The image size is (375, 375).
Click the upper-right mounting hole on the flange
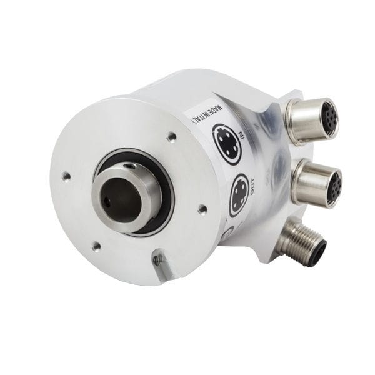pos(171,136)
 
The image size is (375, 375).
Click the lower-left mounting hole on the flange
pos(96,247)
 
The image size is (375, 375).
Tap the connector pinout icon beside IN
pos(226,143)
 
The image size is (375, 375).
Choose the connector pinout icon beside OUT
pos(239,195)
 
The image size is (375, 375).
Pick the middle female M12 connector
pos(316,182)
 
